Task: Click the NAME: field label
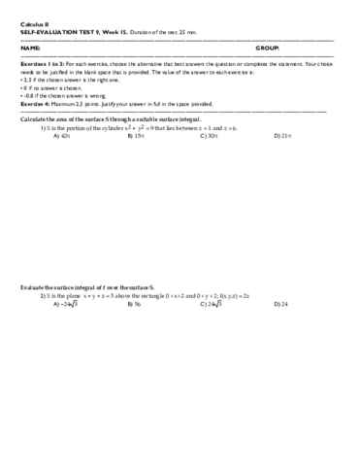[x=30, y=47]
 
